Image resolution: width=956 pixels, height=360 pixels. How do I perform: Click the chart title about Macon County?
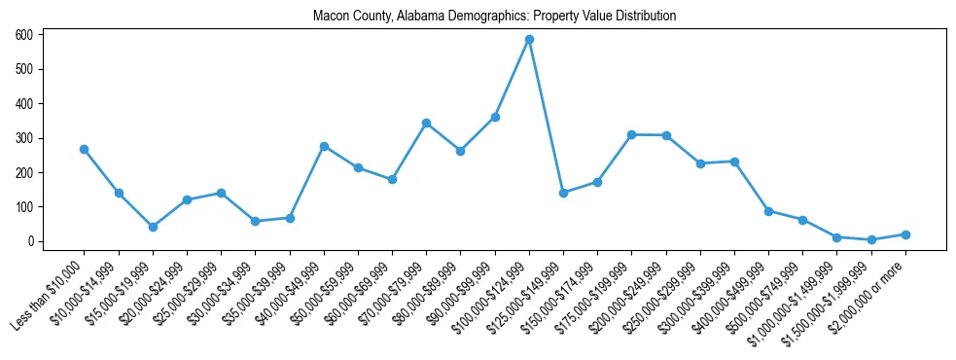tap(494, 17)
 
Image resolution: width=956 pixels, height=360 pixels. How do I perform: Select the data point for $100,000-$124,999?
tap(529, 40)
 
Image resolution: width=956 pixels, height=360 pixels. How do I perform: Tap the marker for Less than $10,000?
tap(84, 149)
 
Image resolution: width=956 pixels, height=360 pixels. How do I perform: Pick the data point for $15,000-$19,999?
tap(153, 227)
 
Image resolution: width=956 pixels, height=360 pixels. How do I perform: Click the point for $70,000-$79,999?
tap(426, 123)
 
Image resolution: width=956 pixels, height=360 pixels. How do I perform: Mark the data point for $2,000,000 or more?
tap(905, 234)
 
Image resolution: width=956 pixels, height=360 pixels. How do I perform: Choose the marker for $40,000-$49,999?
tap(324, 146)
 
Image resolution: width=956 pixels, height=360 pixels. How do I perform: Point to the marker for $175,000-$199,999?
tap(631, 134)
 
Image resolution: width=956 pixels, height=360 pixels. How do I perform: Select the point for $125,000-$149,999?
tap(563, 193)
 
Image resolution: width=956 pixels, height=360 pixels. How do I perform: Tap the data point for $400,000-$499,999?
tap(768, 211)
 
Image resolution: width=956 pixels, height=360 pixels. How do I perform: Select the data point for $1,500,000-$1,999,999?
tap(871, 239)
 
